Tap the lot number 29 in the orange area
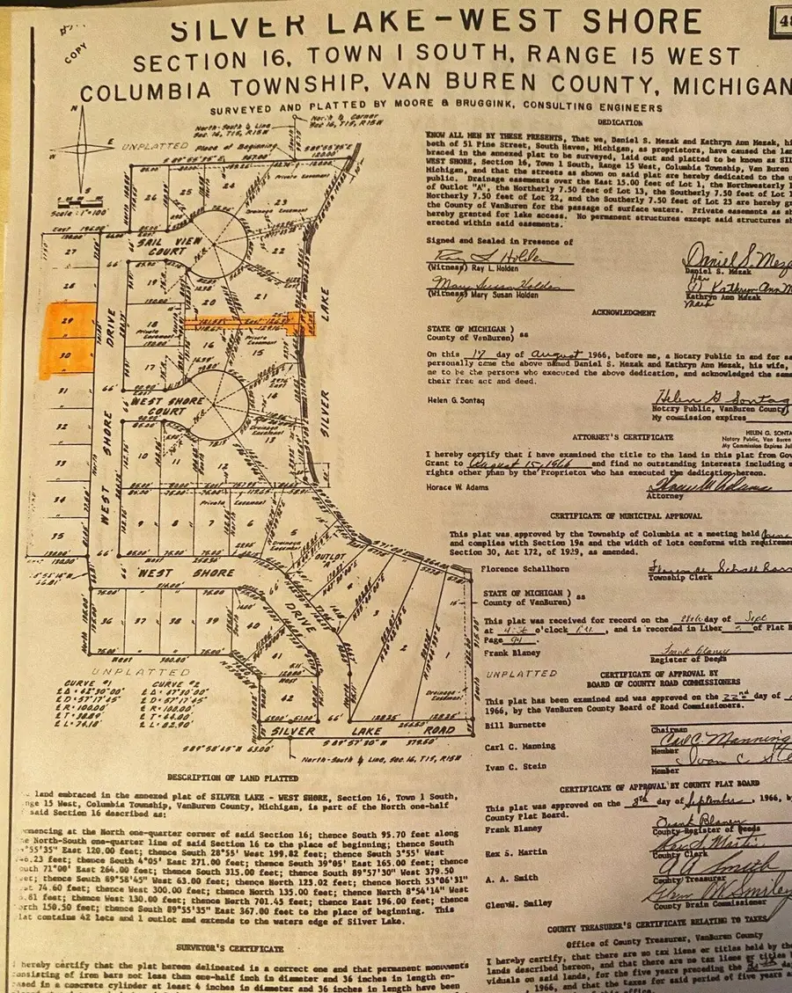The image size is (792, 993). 67,324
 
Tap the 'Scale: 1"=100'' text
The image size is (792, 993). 74,215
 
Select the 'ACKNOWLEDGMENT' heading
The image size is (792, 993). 622,312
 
